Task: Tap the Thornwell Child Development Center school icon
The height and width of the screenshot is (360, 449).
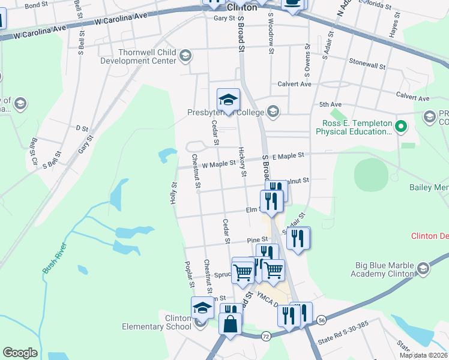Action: [x=186, y=56]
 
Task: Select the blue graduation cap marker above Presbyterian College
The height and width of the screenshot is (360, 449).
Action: [x=228, y=99]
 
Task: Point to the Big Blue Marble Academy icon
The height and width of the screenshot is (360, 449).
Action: [x=424, y=268]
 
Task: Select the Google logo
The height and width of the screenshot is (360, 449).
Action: [x=20, y=353]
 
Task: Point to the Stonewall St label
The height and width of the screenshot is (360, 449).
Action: [x=366, y=62]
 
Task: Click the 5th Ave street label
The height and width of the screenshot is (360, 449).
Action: [x=330, y=104]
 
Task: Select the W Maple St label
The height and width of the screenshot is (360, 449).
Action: [x=218, y=163]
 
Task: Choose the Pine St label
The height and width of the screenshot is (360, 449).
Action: [x=257, y=240]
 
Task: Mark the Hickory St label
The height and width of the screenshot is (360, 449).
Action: [x=243, y=162]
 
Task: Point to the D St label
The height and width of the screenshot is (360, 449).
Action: [x=82, y=128]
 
